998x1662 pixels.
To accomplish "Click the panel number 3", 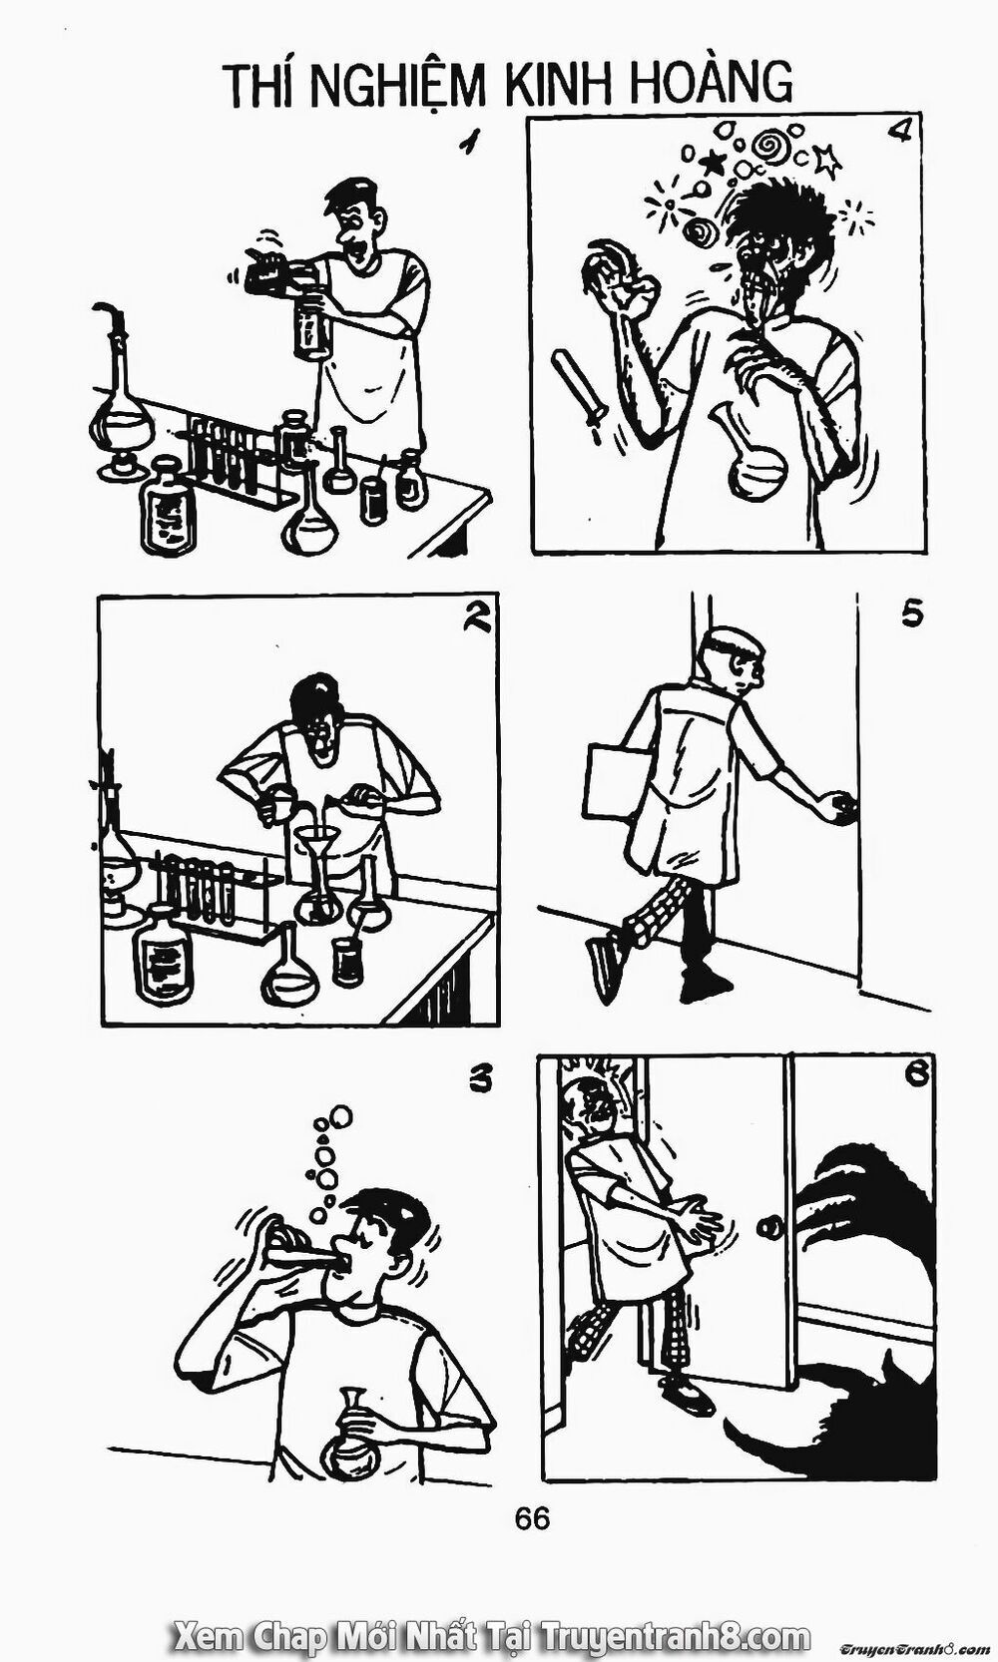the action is tap(481, 1080).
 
